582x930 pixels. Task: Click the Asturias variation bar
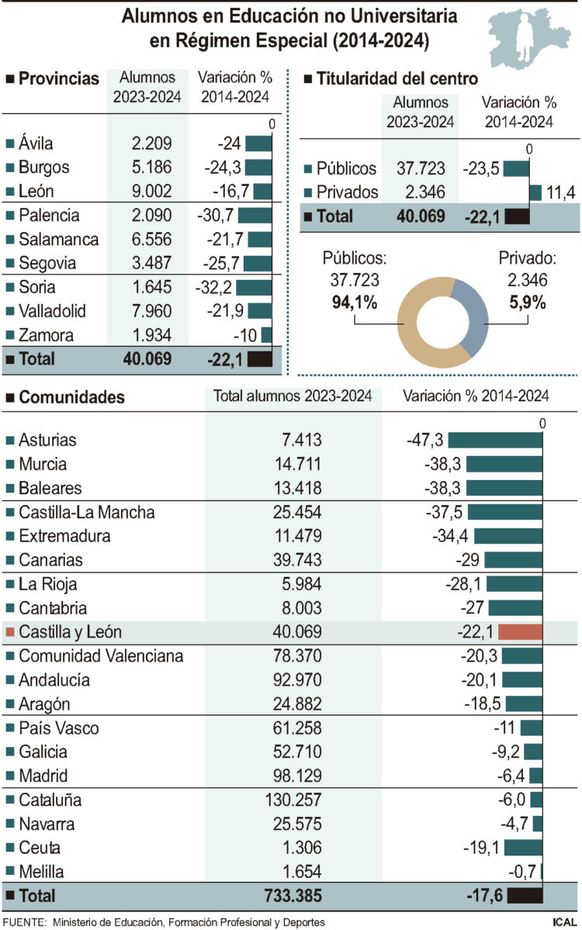(494, 440)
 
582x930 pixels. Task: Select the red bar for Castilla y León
(520, 632)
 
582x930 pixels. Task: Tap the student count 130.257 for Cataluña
(294, 800)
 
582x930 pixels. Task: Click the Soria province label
(36, 287)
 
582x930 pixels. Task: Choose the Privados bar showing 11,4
(535, 192)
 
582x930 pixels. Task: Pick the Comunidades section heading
(71, 398)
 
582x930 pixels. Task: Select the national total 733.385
(291, 896)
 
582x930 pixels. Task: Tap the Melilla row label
(40, 872)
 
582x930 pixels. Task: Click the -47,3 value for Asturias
(424, 440)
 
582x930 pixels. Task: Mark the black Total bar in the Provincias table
(259, 358)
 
